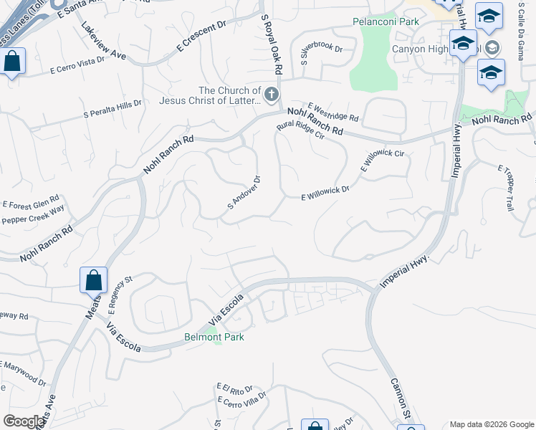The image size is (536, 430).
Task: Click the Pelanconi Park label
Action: (x=386, y=21)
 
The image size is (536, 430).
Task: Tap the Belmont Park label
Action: (x=214, y=337)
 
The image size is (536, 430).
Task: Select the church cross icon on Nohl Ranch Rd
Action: (x=272, y=94)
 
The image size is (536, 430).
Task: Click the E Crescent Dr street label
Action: (x=201, y=38)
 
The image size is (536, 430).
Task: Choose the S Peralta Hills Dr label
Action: (x=113, y=108)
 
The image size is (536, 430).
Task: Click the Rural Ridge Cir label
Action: (x=302, y=130)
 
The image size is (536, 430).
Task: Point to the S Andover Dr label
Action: (x=243, y=191)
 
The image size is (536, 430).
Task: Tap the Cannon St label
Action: (x=399, y=398)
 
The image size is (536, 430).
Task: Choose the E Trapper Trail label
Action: (x=506, y=186)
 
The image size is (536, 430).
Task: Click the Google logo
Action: (x=24, y=421)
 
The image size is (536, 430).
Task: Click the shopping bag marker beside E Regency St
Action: (x=94, y=279)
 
